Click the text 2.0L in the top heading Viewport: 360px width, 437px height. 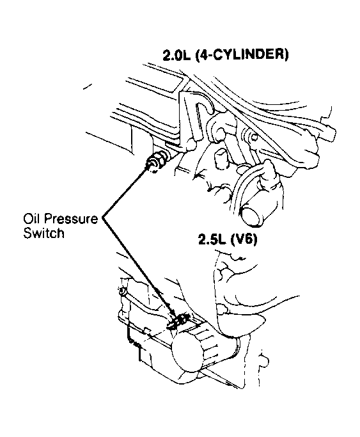[176, 55]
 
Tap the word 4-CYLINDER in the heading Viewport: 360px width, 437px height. [242, 55]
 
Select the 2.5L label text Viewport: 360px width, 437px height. [212, 239]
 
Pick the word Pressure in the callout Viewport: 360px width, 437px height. [71, 219]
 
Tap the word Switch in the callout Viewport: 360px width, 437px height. [43, 232]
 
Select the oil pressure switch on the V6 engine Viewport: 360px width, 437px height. [179, 321]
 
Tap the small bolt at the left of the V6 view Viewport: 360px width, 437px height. [122, 292]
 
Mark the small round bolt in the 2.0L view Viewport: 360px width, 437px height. [254, 137]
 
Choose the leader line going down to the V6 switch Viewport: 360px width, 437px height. [138, 268]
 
